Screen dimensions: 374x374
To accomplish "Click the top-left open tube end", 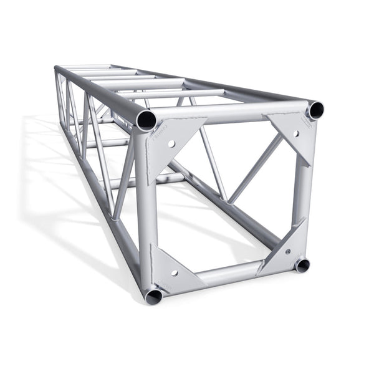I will [x=146, y=119].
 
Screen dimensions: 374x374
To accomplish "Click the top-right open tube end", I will [x=315, y=110].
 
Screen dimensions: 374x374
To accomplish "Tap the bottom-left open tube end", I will [x=153, y=296].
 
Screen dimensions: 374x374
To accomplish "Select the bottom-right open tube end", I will [x=302, y=265].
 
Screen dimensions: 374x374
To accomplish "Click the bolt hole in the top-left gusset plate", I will [x=171, y=143].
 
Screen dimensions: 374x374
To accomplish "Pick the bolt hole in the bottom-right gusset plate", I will [x=287, y=251].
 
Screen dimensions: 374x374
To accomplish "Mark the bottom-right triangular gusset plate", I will [x=285, y=249].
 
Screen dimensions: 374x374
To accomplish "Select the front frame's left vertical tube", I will [x=144, y=206].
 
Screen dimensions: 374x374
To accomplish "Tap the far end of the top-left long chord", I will [x=58, y=69].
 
